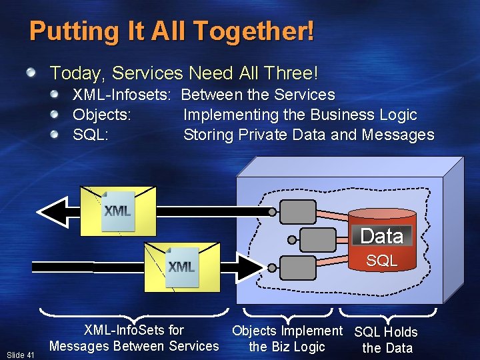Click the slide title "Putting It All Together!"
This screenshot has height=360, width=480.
coord(171,31)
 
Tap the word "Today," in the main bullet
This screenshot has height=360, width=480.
coord(73,73)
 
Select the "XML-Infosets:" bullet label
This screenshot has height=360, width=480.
coord(123,95)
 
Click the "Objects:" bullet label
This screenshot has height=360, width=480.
coord(101,115)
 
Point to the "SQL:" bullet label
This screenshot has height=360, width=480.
coord(91,135)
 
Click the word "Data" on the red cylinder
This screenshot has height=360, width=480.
coord(381,236)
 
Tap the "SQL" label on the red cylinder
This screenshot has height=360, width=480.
coord(381,261)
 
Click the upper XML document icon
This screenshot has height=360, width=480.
coord(118,211)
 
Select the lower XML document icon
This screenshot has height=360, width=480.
coord(181,267)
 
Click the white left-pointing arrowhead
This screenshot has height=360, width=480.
coord(52,213)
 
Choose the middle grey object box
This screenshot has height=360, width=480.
coord(318,239)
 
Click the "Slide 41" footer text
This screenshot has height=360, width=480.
coord(21,355)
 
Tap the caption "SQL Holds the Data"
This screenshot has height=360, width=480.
coord(386,339)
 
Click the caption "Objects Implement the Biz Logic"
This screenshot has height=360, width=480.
coord(287,339)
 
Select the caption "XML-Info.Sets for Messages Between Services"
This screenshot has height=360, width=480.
coord(133,338)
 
